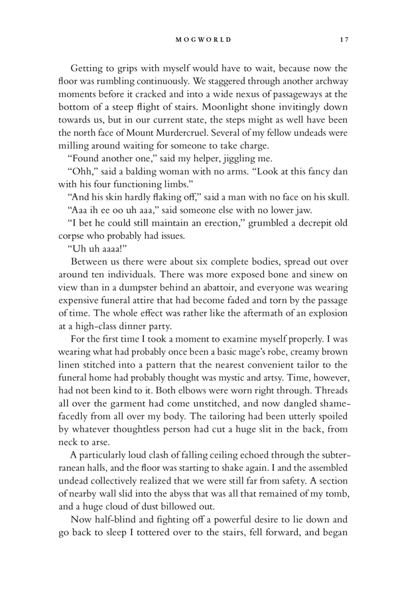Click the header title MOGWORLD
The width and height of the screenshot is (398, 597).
coord(204,40)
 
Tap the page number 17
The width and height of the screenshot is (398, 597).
coord(343,40)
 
